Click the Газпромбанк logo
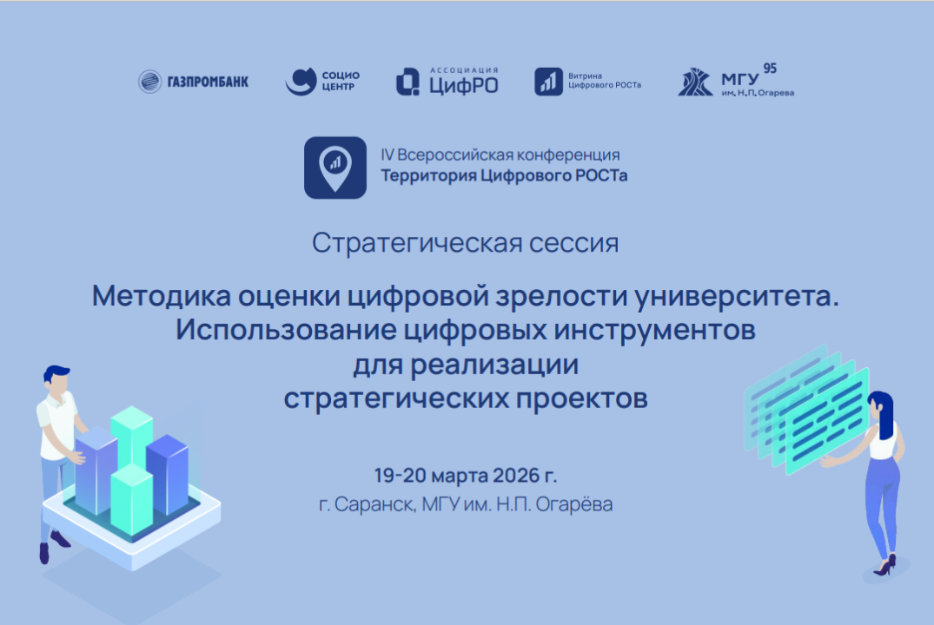click(x=194, y=82)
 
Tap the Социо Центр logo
click(x=321, y=82)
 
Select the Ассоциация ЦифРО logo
click(x=447, y=82)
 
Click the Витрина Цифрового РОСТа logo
click(x=587, y=82)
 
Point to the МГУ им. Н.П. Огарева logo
click(x=734, y=82)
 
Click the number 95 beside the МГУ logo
click(x=769, y=68)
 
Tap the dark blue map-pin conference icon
click(x=335, y=167)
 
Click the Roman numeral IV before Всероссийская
click(x=388, y=155)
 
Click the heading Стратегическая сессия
click(x=466, y=243)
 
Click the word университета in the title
click(x=749, y=297)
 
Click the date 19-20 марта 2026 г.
click(x=465, y=476)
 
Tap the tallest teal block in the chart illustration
click(x=132, y=434)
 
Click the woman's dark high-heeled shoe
click(x=884, y=567)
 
